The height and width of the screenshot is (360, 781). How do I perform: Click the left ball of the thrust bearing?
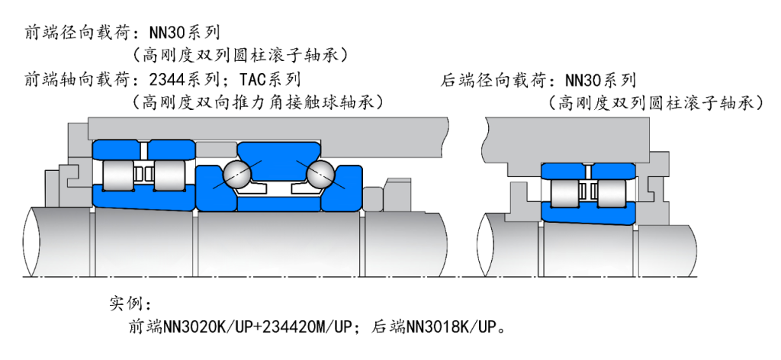pos(236,175)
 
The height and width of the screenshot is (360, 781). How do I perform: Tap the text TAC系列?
pos(270,79)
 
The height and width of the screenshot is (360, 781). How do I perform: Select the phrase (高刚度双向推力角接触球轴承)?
pos(257,101)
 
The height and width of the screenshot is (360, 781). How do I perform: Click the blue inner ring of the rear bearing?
pos(587,215)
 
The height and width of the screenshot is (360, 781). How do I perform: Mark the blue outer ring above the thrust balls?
pos(278,152)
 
